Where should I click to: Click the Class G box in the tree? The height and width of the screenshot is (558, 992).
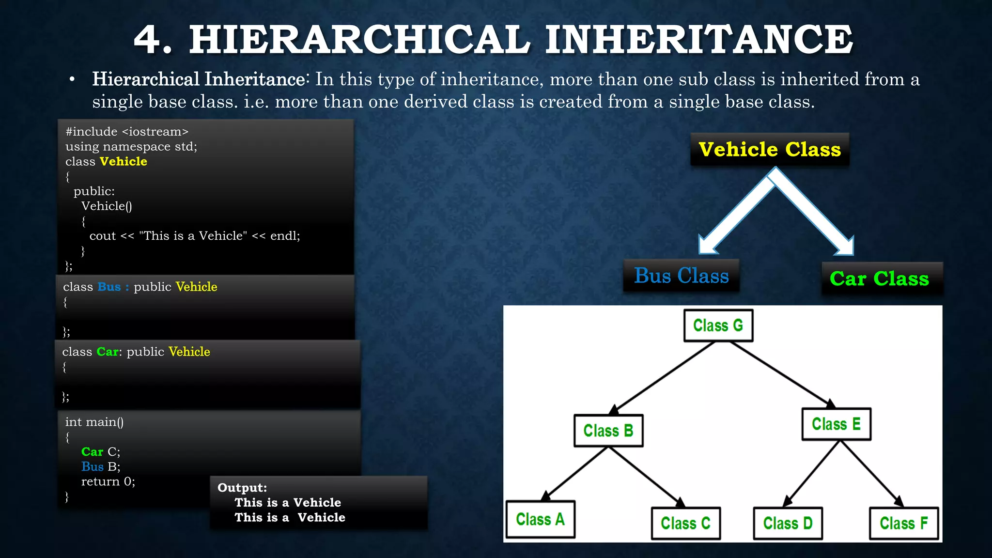tap(718, 325)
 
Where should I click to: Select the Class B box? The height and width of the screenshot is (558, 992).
tap(608, 431)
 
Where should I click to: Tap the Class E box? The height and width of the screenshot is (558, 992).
tap(836, 424)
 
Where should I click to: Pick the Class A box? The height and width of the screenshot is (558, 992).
tap(540, 520)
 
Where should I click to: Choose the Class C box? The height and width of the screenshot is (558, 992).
tap(685, 524)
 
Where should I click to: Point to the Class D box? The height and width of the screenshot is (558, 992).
tap(788, 524)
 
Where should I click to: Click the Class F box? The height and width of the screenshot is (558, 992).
tap(903, 524)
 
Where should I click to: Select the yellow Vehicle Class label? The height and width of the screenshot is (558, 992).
tap(769, 150)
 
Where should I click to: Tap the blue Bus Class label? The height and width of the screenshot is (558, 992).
tap(681, 276)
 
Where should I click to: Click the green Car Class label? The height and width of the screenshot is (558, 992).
tap(879, 279)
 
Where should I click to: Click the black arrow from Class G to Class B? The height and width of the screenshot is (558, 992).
tap(664, 377)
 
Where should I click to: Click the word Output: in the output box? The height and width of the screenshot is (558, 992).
tap(242, 488)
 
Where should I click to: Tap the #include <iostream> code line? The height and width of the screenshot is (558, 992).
tap(127, 132)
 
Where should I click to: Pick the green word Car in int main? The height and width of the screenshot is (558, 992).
tap(92, 452)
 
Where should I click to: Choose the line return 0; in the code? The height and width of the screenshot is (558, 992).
tap(108, 481)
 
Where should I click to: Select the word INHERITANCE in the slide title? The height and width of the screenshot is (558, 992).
tap(698, 40)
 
